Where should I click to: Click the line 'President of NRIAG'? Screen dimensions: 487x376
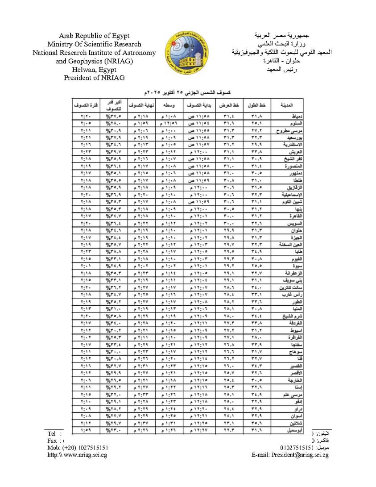94,78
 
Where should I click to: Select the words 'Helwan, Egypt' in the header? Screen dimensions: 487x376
94,69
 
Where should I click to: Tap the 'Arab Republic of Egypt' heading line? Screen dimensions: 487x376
94,36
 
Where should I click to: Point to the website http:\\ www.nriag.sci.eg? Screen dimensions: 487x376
77,455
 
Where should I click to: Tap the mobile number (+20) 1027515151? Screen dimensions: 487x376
78,447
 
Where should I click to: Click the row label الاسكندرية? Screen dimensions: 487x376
284,145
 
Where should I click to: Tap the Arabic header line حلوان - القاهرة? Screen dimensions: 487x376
281,61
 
